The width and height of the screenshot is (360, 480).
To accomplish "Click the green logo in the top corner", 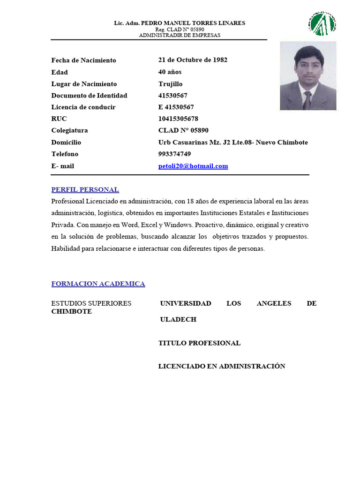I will (x=323, y=23).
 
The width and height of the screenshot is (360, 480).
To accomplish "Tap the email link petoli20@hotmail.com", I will (x=193, y=166).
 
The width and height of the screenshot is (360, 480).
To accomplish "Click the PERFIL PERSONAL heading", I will (x=85, y=190).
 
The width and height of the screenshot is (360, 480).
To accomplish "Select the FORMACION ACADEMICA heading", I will (x=98, y=284).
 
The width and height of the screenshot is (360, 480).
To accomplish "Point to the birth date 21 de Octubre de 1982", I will (x=193, y=60).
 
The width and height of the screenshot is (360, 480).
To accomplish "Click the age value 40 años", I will (x=170, y=72).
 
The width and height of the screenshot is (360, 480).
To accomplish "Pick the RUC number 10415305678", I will (x=178, y=119).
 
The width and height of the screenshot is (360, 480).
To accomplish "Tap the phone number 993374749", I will (x=174, y=154).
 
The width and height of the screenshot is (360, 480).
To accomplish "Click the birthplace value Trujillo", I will (x=171, y=84).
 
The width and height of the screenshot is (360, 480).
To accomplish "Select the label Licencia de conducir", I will (x=83, y=107).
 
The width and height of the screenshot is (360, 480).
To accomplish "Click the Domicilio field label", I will (x=66, y=142).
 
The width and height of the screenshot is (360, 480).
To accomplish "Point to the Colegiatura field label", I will (x=69, y=131).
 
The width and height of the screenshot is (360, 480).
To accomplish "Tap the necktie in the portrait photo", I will (x=307, y=99).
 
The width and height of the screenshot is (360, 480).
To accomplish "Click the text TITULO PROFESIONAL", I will (x=199, y=343).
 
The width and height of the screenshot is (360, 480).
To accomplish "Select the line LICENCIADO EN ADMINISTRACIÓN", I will (x=222, y=367).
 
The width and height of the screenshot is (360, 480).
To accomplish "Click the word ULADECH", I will (x=178, y=320).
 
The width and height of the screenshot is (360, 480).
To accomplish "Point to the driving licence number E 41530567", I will (x=176, y=107).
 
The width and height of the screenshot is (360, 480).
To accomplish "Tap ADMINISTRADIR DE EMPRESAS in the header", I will (x=180, y=35).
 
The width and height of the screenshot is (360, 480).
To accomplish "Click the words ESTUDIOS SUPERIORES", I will (x=91, y=303).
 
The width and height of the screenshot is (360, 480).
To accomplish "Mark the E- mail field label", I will (x=63, y=166).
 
